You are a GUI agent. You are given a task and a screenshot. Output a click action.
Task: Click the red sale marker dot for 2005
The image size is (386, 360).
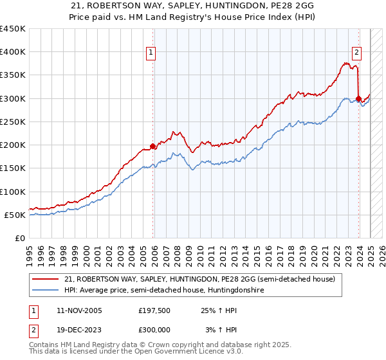(x=152, y=146)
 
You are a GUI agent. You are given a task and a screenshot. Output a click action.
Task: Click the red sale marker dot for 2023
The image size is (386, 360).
(x=358, y=98)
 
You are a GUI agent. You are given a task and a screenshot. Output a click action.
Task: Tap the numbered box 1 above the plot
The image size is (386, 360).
(x=150, y=53)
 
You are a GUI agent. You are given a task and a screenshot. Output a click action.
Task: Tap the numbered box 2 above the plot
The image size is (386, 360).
(x=356, y=53)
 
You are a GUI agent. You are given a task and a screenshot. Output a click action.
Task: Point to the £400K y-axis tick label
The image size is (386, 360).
(x=13, y=52)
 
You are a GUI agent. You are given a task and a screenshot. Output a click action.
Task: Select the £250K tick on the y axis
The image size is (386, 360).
(x=13, y=122)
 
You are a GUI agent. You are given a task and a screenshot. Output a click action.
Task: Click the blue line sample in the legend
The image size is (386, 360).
(x=46, y=291)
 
